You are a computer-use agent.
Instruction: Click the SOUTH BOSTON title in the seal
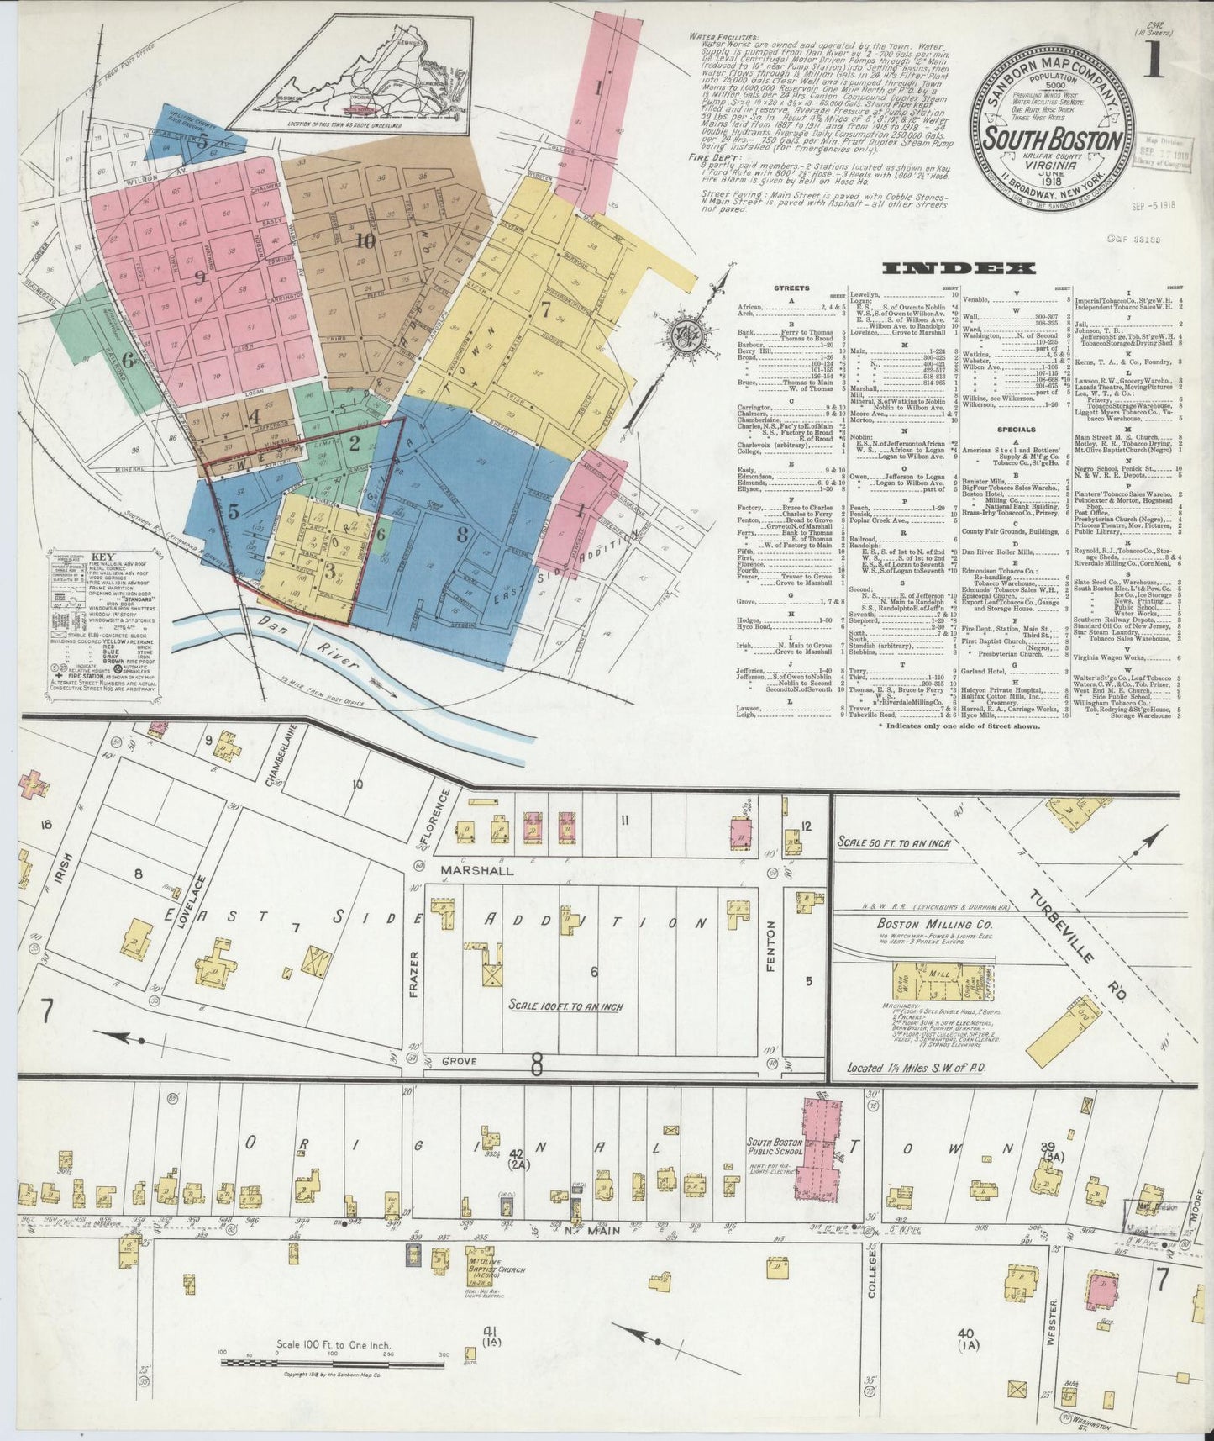tap(1054, 140)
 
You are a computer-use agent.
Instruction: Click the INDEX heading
tap(958, 269)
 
